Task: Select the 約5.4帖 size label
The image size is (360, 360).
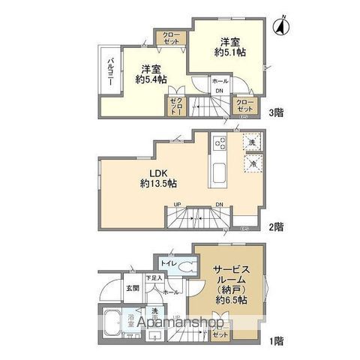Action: (151, 78)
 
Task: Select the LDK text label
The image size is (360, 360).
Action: (148, 172)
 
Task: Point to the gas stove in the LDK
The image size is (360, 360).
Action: (220, 141)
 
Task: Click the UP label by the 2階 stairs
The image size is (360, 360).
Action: (177, 204)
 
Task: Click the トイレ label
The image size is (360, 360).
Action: (168, 263)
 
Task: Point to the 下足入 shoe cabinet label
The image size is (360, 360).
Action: (154, 278)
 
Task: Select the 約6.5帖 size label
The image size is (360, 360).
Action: (229, 299)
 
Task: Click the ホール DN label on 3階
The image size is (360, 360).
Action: (220, 85)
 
